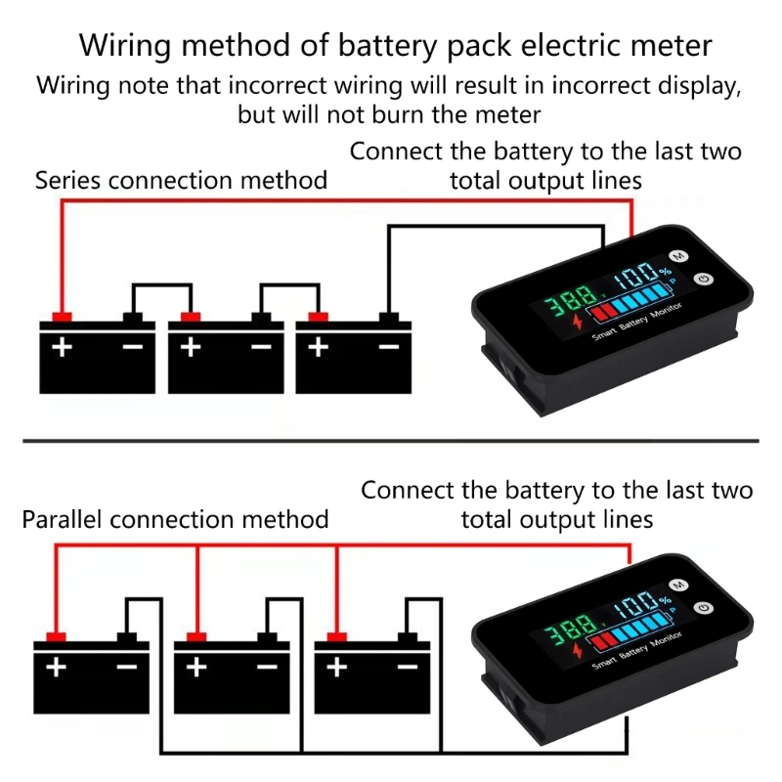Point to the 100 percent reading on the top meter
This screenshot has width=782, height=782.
636,274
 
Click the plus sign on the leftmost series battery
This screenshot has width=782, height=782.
62,346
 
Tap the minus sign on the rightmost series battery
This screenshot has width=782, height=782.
389,346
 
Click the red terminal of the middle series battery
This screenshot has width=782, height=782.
190,317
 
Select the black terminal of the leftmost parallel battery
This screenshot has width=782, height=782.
127,638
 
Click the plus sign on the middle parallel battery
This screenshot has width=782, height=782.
197,668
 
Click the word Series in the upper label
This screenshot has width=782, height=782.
69,181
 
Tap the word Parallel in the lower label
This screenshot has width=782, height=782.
63,518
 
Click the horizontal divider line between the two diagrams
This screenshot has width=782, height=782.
391,440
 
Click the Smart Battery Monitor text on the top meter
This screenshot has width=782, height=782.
636,324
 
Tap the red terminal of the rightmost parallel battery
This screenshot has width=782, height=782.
337,638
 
